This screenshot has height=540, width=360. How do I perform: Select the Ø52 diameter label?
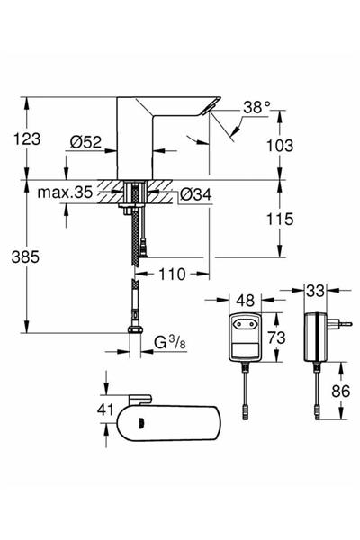(x=88, y=141)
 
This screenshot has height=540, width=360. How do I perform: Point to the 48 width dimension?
(x=243, y=296)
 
